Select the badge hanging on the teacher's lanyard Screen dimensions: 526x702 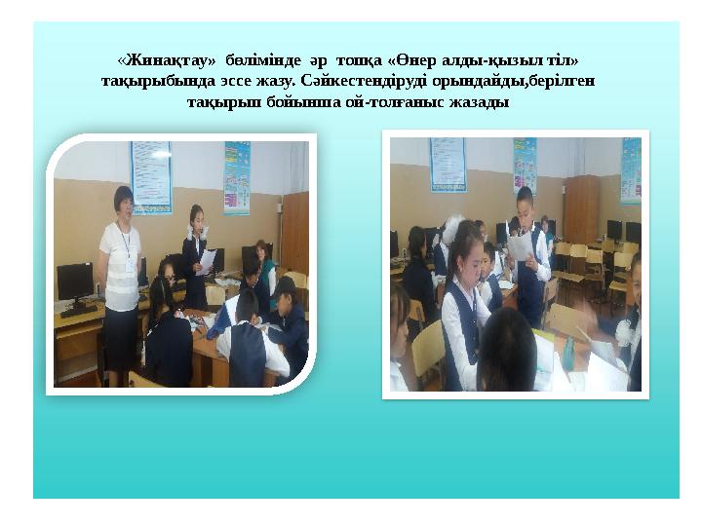129,264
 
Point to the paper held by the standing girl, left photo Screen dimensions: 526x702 207,261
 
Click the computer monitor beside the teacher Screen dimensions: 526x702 75,282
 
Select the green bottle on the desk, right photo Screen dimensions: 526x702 567,349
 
